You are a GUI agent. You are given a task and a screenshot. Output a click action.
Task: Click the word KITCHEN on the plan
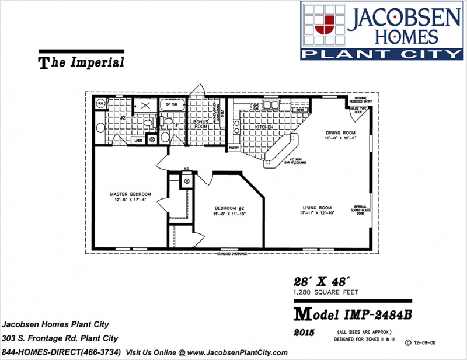coord(264,127)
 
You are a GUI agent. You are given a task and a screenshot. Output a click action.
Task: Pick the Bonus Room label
coord(200,124)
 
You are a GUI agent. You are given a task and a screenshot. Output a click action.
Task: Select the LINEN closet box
coord(139,140)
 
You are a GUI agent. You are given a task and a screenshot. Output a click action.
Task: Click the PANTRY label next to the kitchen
coord(234,148)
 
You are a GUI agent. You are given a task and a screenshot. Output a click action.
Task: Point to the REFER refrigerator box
coord(301,109)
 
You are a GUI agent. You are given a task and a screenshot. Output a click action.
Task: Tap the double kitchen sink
coord(270,105)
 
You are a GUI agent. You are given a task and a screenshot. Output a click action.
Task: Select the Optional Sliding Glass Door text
coord(360,210)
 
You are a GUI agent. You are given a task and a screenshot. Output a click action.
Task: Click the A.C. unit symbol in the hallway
coord(187,181)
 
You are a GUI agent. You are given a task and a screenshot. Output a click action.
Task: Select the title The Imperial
coord(81,62)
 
